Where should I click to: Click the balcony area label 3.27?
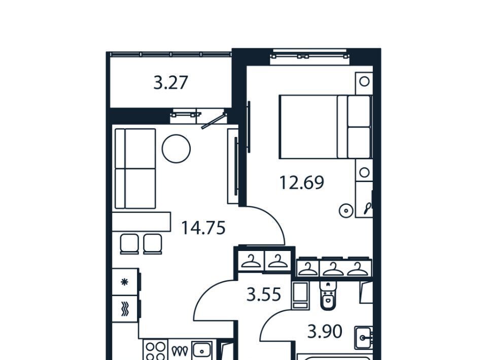171,83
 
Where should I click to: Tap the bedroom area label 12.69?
301,183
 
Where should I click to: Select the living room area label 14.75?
203,228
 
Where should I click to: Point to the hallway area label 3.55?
264,295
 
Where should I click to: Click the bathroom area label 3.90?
325,332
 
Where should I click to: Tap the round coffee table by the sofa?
176,149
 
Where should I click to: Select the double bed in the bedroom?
326,127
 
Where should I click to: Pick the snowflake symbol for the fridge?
125,282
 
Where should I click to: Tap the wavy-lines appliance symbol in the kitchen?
125,309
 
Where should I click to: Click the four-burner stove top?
155,350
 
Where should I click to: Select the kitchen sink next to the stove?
202,351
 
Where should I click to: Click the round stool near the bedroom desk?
346,211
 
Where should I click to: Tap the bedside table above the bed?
364,82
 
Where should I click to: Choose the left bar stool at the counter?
129,244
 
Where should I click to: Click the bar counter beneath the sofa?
142,222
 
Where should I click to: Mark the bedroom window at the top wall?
309,56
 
